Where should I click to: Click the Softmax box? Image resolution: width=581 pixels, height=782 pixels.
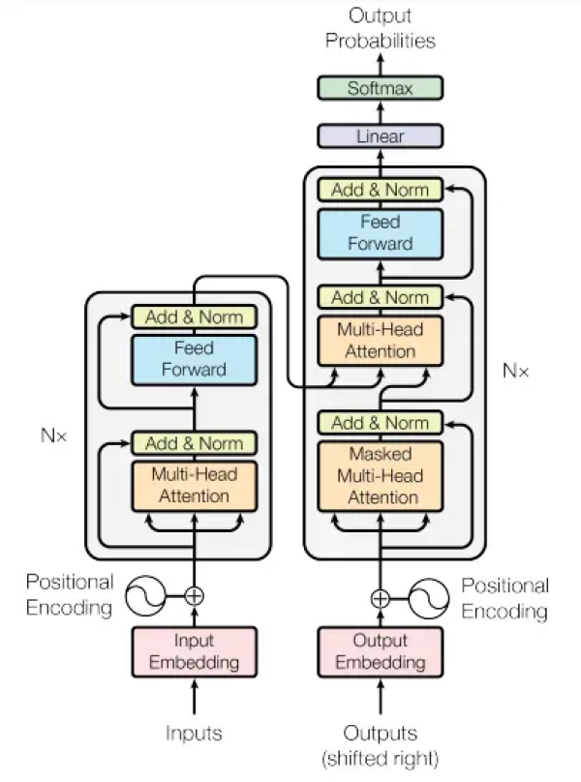click(380, 88)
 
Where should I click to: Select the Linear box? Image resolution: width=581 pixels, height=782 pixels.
click(380, 136)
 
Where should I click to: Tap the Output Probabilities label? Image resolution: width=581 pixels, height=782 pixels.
click(380, 28)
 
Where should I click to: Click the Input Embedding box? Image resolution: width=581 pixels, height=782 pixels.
click(194, 651)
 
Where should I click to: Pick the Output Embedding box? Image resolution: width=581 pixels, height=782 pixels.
click(380, 651)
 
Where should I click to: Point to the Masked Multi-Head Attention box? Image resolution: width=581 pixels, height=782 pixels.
click(380, 475)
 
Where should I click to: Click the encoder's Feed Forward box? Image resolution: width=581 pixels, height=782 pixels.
click(194, 358)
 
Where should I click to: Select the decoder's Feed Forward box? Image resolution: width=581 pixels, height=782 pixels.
click(380, 233)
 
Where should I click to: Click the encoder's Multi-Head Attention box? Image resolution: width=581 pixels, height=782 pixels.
click(194, 485)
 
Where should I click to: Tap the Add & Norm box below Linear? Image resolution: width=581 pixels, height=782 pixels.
click(380, 190)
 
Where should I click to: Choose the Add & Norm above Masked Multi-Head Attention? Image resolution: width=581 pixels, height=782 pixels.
click(380, 423)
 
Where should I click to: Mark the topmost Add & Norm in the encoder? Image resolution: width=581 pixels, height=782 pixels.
click(194, 316)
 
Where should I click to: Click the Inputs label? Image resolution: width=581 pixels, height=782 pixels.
click(194, 733)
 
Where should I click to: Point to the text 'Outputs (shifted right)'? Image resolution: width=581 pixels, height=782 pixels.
click(380, 744)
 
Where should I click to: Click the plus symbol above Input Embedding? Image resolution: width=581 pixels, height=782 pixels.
click(194, 596)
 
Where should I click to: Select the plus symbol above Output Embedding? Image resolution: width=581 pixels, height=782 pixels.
click(380, 597)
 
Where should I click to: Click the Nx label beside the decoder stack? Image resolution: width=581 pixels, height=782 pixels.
click(516, 371)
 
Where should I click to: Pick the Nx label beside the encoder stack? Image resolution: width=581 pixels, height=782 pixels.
click(54, 436)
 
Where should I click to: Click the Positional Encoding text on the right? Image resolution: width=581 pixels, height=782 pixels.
click(505, 598)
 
